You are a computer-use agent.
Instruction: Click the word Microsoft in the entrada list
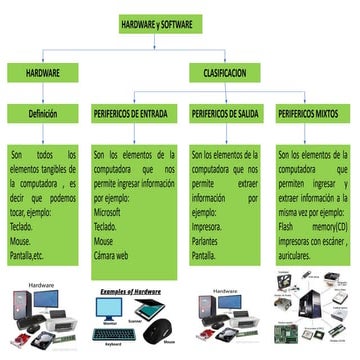(113, 213)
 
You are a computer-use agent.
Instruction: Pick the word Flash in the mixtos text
(291, 226)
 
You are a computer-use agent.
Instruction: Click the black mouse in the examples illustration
(157, 334)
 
